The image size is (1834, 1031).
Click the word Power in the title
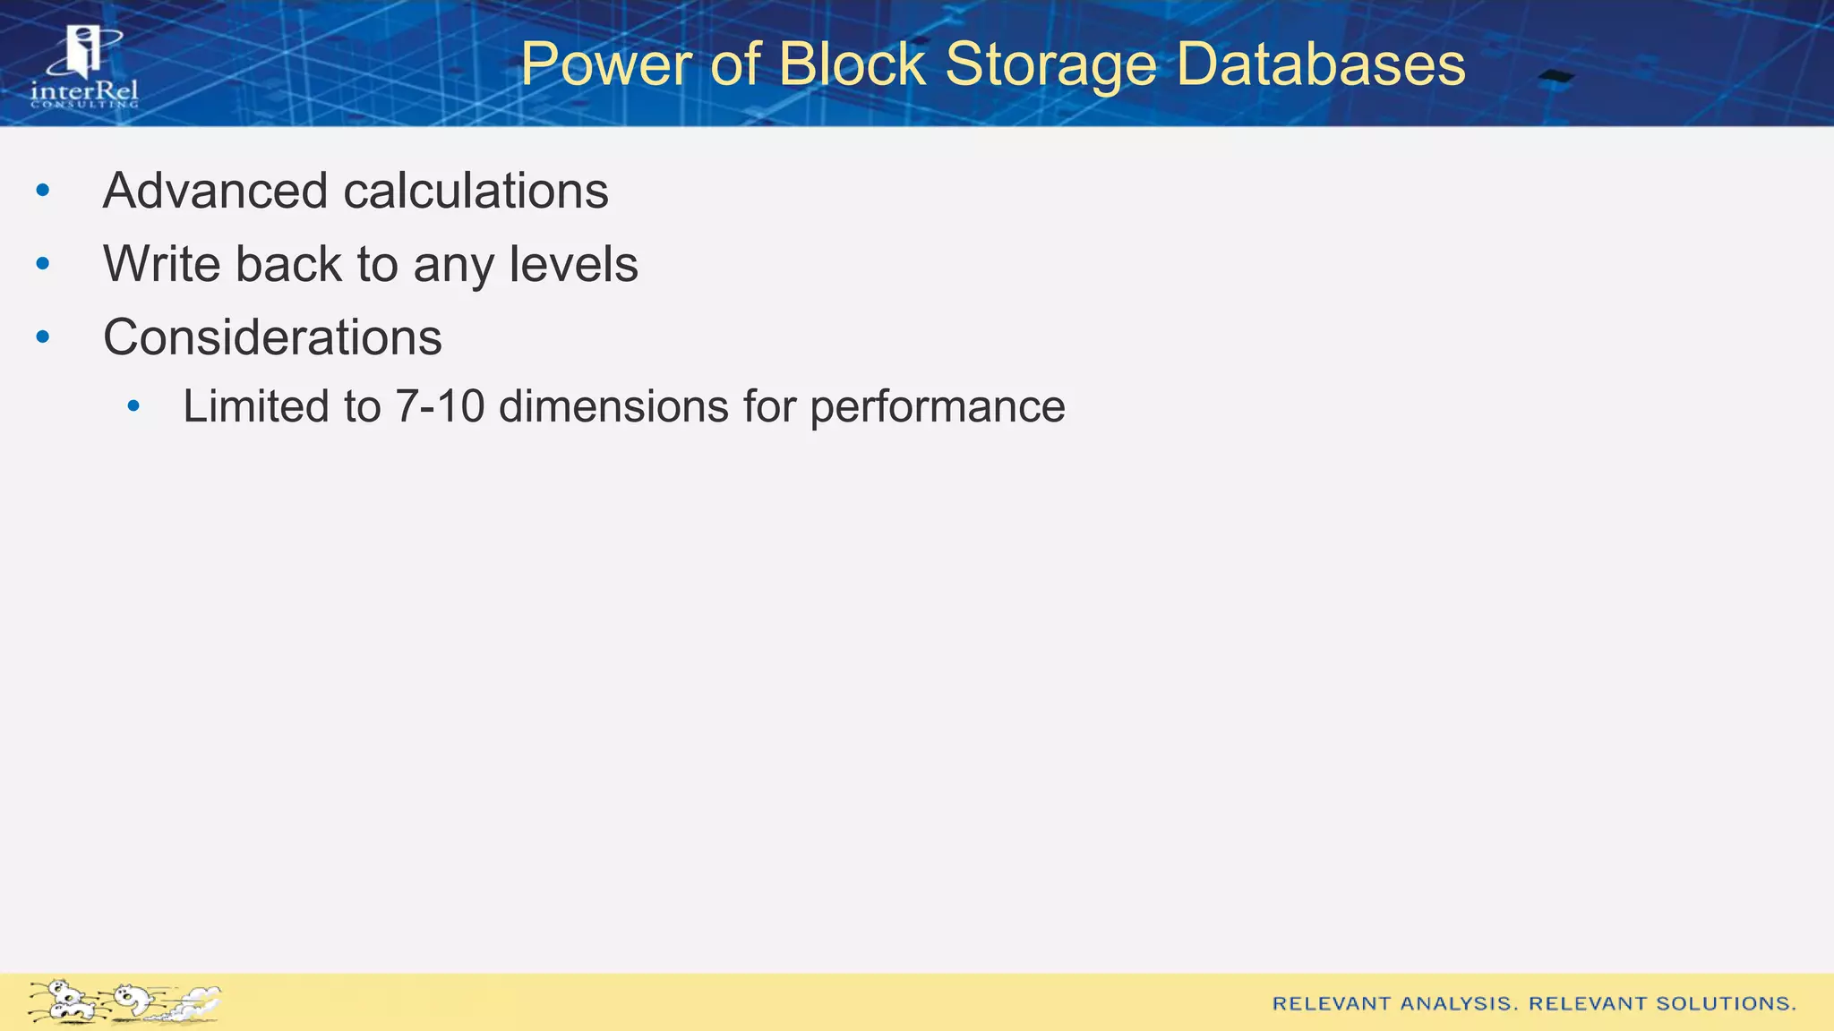click(606, 64)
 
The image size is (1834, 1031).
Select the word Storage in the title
click(1050, 64)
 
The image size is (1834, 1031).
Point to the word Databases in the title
click(1321, 64)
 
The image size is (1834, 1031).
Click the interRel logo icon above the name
click(85, 52)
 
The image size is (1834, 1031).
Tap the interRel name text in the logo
click(84, 91)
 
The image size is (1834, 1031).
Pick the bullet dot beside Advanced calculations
click(43, 191)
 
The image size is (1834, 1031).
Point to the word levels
click(573, 264)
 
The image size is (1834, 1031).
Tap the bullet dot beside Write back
click(43, 264)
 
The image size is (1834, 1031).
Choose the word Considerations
click(272, 337)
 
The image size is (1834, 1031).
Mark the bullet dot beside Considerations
click(43, 337)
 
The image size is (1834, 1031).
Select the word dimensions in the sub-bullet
click(613, 406)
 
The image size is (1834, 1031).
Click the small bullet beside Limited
click(134, 407)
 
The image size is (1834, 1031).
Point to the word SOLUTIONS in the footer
click(1726, 1003)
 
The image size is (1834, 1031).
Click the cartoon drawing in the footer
click(124, 1001)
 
